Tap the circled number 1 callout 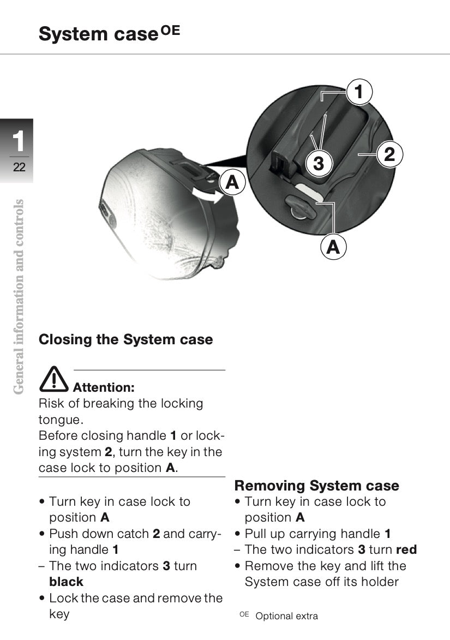click(358, 92)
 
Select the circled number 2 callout click(388, 154)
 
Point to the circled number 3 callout click(319, 163)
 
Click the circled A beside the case click(233, 183)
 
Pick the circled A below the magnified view click(333, 247)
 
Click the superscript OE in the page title click(170, 31)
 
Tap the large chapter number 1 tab click(19, 141)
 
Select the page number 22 click(19, 168)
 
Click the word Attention click(104, 388)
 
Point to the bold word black click(66, 582)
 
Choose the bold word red click(406, 550)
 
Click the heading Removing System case click(316, 486)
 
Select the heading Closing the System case click(125, 339)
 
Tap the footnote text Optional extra click(286, 616)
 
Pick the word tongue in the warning click(59, 420)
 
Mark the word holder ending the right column click(377, 582)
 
